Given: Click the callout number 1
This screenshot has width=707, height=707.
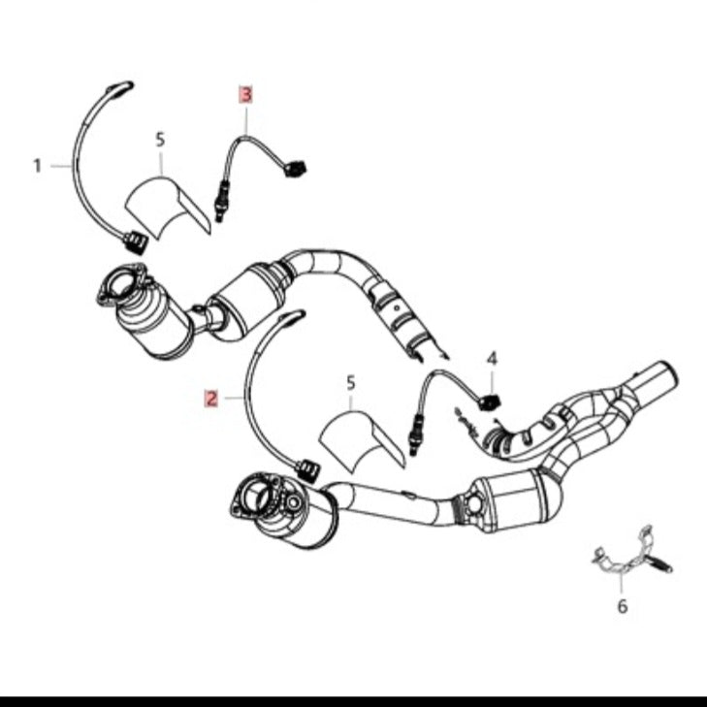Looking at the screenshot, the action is point(38,166).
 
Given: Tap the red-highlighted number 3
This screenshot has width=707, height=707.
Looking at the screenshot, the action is point(245,95).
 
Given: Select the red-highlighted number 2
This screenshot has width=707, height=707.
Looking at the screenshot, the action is point(211,399).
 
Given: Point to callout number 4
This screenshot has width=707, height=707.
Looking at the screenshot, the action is point(492,359).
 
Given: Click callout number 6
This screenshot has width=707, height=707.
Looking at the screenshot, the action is point(623,607).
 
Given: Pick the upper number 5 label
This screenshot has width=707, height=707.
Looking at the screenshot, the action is point(160,140).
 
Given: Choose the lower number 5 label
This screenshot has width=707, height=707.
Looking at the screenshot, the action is point(351,383).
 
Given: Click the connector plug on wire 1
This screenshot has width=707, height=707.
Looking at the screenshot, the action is point(135,242).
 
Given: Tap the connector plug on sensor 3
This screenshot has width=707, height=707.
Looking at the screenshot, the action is point(296,169).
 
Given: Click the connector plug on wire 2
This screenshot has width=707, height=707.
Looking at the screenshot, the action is point(308,471).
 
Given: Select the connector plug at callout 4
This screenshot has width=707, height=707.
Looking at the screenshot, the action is point(490,402).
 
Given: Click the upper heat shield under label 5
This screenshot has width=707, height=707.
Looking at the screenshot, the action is point(167,207).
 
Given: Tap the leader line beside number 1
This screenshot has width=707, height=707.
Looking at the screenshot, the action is point(61,167).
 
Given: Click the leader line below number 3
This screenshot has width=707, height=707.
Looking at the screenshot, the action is point(246,119).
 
